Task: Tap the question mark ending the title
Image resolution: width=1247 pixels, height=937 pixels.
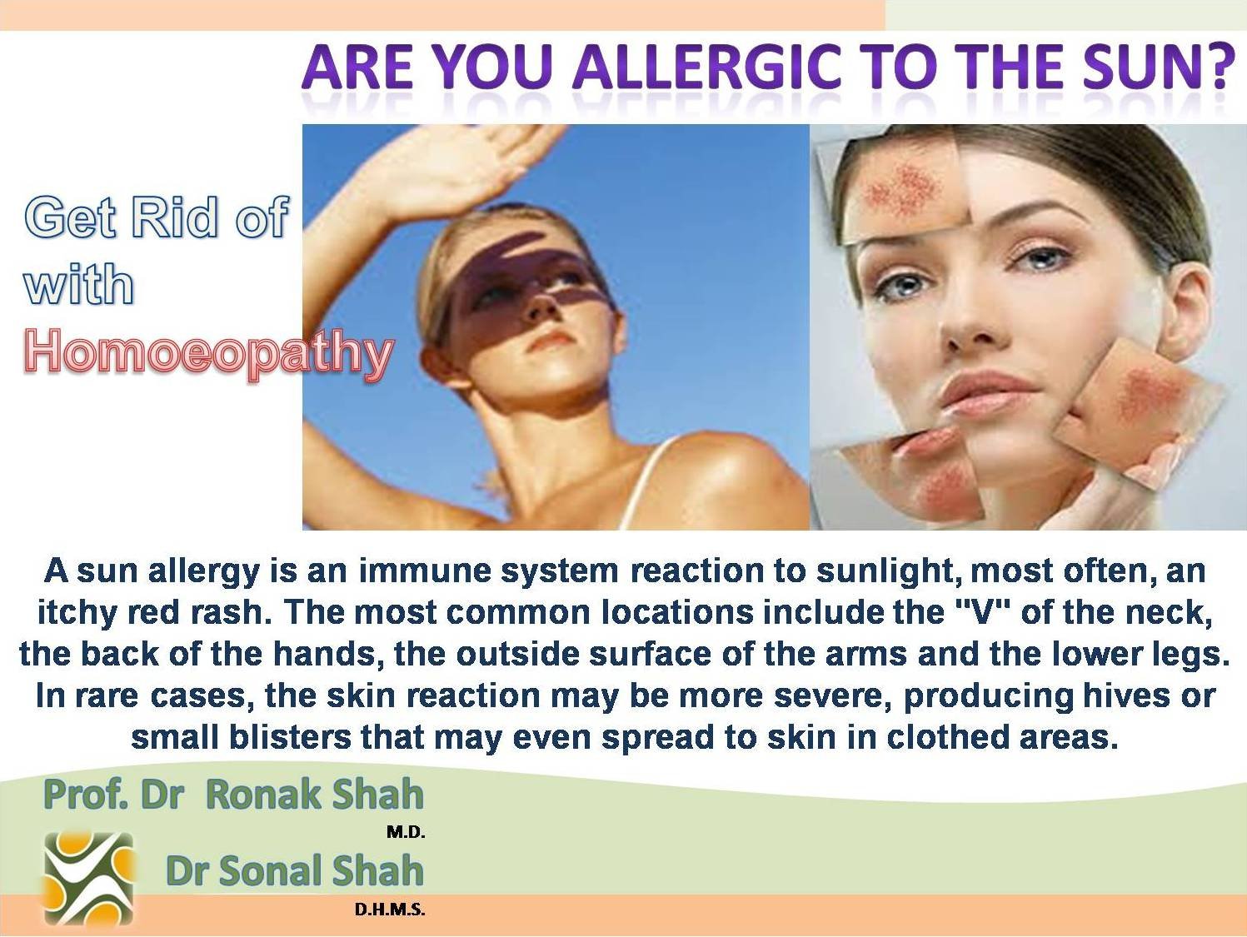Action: (1220, 67)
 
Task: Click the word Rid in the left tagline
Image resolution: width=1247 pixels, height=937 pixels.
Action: (174, 217)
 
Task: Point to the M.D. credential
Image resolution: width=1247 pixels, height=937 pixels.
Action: (406, 833)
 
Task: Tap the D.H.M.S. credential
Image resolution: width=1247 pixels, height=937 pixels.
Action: (390, 910)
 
